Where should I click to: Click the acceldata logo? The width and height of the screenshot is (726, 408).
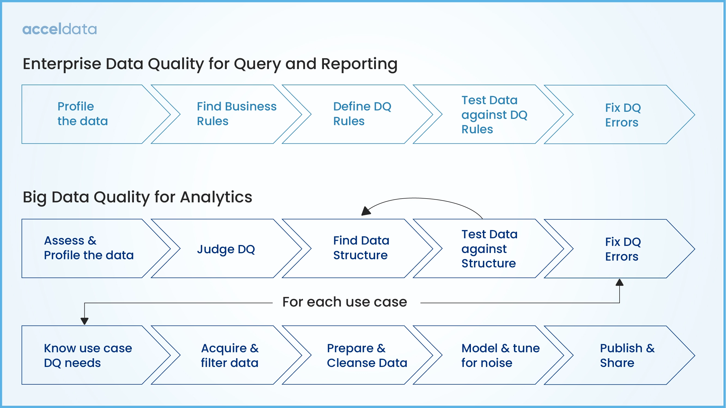(59, 29)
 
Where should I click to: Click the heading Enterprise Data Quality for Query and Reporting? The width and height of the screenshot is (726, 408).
(210, 64)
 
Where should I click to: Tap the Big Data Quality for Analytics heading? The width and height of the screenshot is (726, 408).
(137, 197)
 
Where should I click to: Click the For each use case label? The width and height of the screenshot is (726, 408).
(345, 302)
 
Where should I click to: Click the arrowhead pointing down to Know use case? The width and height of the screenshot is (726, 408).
(85, 321)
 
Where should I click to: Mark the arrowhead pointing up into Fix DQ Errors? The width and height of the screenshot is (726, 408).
(620, 282)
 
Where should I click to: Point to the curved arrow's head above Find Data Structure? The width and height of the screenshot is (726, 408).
(366, 211)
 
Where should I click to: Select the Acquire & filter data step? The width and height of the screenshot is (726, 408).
(230, 355)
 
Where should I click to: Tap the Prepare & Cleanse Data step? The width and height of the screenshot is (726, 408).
(366, 355)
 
